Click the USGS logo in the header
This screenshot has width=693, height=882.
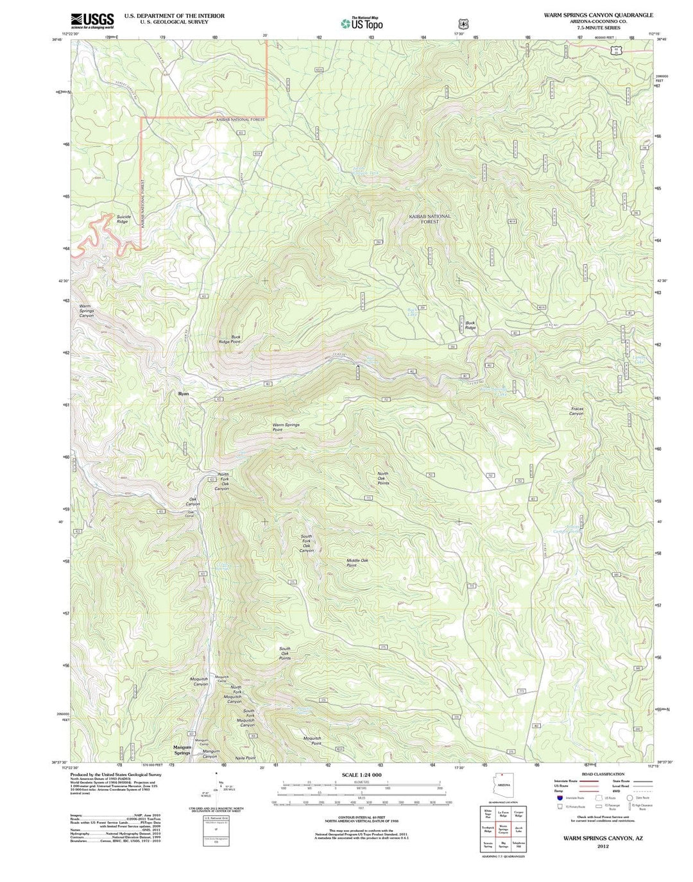coord(92,20)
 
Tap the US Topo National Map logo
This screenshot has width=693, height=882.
coord(362,23)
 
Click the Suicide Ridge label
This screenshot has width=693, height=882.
coord(123,219)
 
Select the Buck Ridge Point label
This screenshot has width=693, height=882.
coord(230,339)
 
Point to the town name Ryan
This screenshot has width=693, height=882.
coord(184,393)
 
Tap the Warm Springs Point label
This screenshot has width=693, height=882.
coord(286,427)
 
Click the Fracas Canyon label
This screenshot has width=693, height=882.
coord(576,411)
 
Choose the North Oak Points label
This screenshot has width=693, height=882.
coord(383,479)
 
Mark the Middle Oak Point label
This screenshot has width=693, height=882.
coord(357,563)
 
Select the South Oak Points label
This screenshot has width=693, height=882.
coord(285,653)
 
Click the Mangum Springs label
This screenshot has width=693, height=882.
coord(182,750)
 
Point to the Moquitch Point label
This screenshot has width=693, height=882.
coord(312,741)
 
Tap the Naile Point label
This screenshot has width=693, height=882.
coord(245,758)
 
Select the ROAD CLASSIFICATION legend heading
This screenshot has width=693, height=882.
coord(604,774)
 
